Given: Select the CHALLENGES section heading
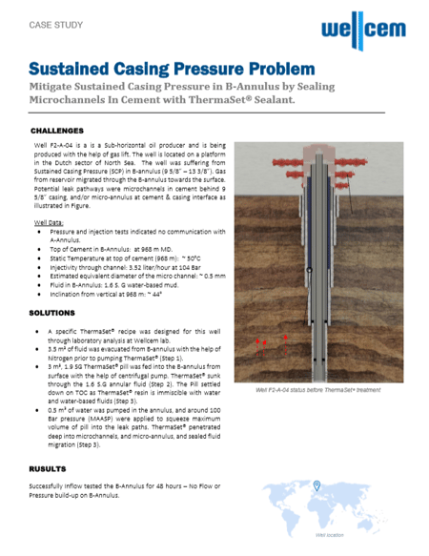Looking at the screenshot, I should point(59,130).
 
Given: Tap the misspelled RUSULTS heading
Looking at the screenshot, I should point(48,469).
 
